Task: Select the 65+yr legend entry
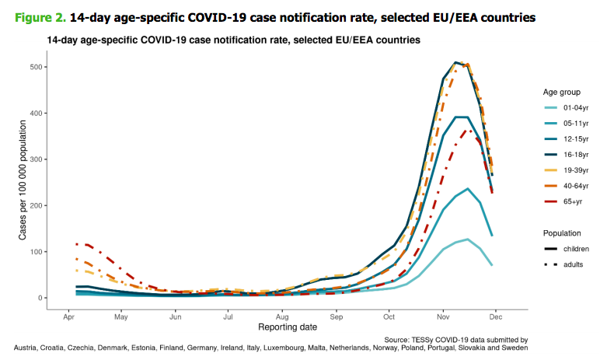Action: point(571,201)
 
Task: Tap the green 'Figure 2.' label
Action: point(33,16)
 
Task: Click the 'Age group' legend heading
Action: point(560,92)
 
